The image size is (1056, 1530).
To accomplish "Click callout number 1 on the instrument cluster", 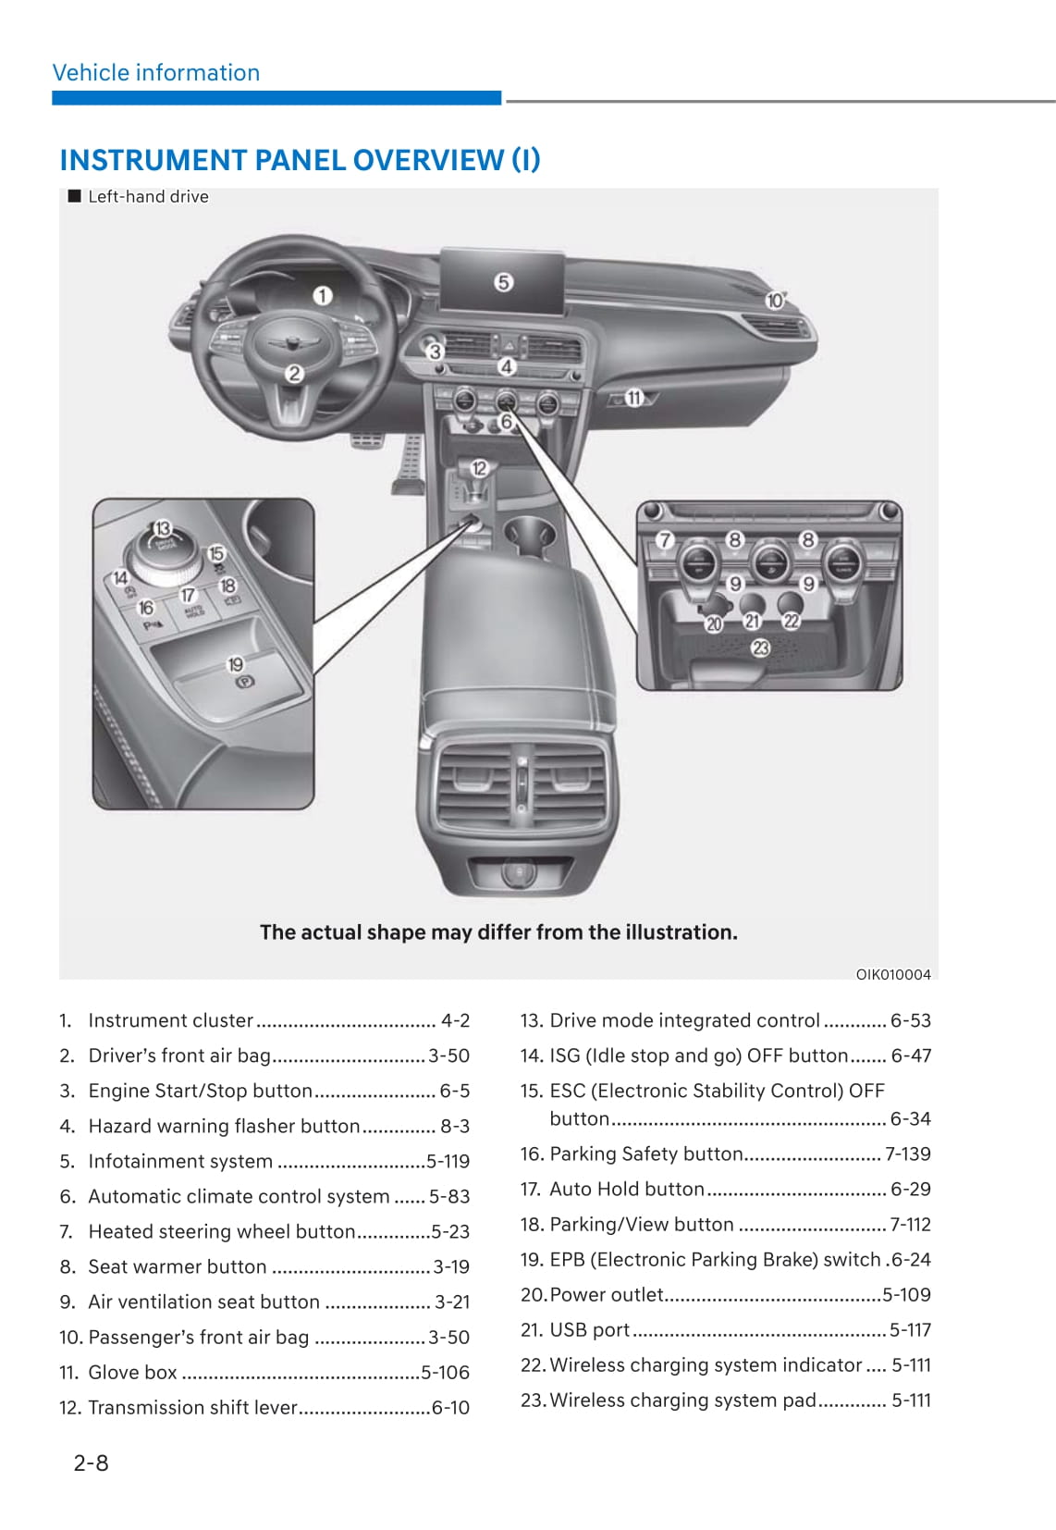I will [x=322, y=296].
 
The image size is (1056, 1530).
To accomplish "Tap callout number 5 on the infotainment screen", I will [x=503, y=282].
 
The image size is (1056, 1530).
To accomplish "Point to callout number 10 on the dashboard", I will [x=775, y=301].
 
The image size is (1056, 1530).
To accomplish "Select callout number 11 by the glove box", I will [x=633, y=398].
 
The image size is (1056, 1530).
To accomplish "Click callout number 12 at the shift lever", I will [x=479, y=468].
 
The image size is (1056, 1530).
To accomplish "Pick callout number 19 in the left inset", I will [x=236, y=664].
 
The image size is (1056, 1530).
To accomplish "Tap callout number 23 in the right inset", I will [x=760, y=648].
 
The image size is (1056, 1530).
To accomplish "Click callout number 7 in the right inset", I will [x=665, y=540].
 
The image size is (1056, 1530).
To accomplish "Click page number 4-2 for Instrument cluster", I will [x=455, y=1020].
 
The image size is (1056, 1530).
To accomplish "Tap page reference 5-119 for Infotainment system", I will [x=448, y=1161].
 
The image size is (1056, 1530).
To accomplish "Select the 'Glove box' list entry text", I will [x=132, y=1372].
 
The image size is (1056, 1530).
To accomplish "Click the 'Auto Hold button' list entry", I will [x=626, y=1189].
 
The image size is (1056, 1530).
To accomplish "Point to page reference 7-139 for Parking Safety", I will [x=907, y=1154].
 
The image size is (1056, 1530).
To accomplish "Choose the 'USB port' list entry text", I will [x=589, y=1329].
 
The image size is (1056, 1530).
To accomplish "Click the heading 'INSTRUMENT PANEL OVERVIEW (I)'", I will [x=300, y=160].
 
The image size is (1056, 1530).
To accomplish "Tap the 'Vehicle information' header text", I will [x=156, y=73].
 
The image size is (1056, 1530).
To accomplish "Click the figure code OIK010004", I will [x=892, y=974].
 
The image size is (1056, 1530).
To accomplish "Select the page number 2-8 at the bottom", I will [x=91, y=1462].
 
